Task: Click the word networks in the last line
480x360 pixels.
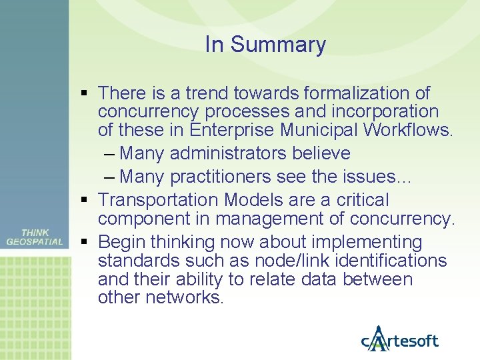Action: [x=189, y=297]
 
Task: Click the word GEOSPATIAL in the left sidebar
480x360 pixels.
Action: [x=35, y=242]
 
